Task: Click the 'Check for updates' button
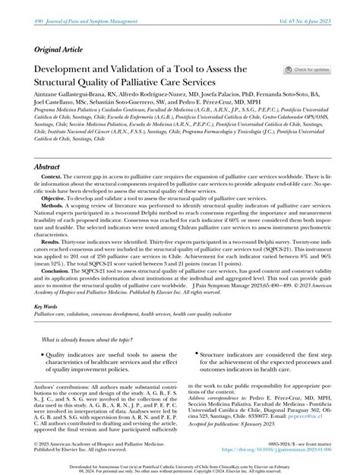[x=308, y=69]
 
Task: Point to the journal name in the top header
[x=72, y=6]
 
